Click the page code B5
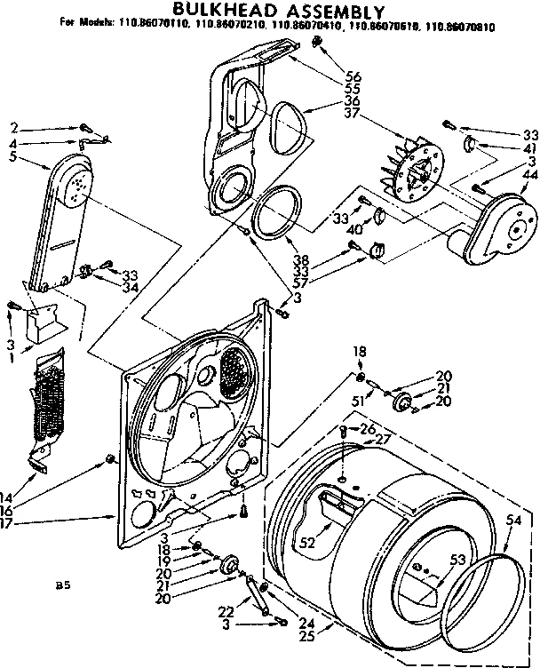tap(62, 585)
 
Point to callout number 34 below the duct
tap(131, 287)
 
